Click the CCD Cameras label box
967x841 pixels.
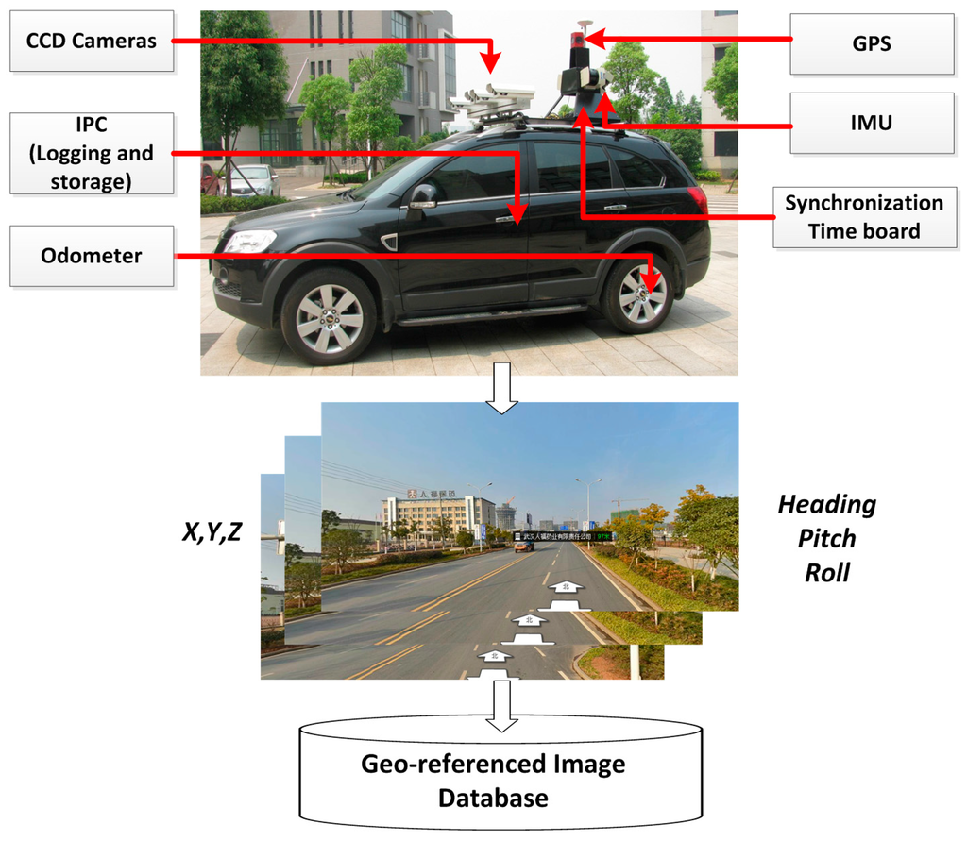(92, 41)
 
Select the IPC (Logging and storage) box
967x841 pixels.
(92, 154)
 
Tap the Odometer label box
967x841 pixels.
(92, 256)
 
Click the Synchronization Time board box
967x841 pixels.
(863, 217)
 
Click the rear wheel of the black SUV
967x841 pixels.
(639, 294)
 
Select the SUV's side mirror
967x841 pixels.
(422, 195)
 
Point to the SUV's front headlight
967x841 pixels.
(249, 241)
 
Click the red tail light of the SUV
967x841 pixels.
(697, 199)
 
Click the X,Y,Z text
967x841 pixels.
(212, 532)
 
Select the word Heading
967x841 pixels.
(826, 504)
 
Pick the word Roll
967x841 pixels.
(826, 572)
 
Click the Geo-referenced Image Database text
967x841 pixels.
(492, 780)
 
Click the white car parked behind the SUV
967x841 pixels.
(253, 178)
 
